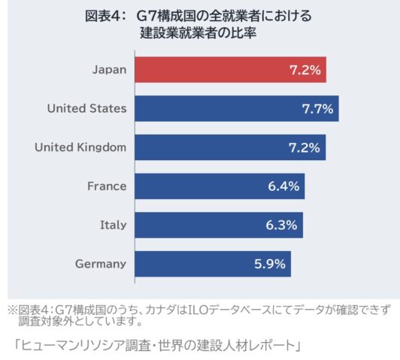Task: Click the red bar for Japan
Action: [231, 70]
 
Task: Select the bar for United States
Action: [237, 109]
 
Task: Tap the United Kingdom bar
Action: [230, 147]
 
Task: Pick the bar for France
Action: [220, 186]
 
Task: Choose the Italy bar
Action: [219, 225]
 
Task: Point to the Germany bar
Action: [213, 264]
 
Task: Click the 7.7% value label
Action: [317, 109]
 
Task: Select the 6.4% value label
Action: [283, 186]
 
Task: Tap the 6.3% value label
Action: [282, 225]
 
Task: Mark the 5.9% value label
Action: [270, 264]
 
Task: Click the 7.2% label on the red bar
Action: [305, 70]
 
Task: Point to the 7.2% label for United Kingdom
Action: [305, 147]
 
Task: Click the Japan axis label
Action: [110, 70]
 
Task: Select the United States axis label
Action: [87, 108]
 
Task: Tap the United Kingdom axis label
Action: [80, 147]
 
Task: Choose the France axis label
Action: [107, 186]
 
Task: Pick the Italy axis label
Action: [114, 225]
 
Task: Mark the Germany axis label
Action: [101, 264]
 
